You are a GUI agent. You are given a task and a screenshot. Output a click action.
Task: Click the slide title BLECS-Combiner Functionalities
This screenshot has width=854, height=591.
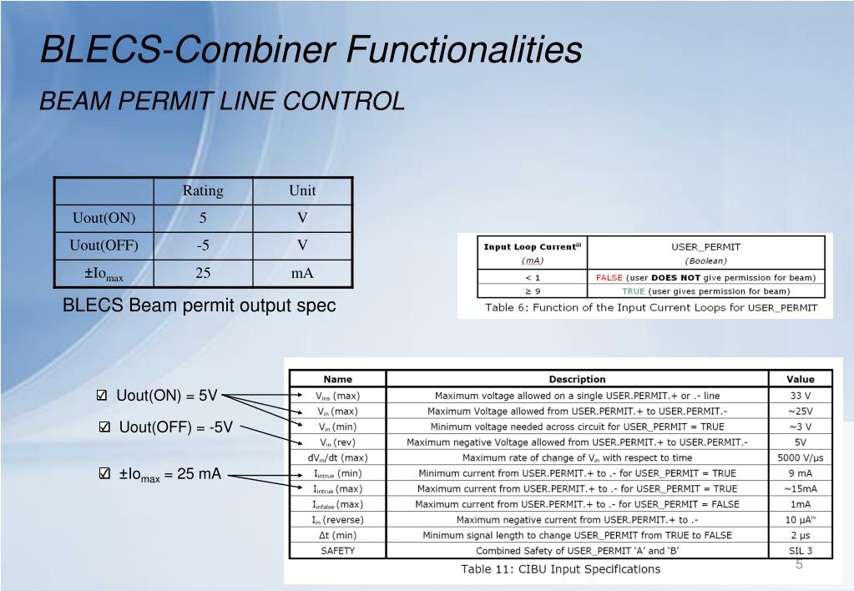pos(311,49)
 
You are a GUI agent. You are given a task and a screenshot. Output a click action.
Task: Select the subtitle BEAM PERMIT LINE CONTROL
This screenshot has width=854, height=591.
pos(223,101)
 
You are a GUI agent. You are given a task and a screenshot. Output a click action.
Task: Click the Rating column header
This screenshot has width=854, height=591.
pos(203,190)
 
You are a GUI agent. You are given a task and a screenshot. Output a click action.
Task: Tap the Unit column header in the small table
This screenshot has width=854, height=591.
pos(302,190)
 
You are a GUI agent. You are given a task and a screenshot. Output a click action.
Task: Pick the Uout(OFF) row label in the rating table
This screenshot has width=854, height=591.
pos(104,245)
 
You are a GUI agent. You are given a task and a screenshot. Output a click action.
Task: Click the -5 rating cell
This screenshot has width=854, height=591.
pos(203,245)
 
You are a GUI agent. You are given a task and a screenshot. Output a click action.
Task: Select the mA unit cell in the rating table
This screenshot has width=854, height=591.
pos(302,273)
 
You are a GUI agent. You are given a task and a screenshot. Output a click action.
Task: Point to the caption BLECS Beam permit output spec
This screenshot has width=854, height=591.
pos(200,306)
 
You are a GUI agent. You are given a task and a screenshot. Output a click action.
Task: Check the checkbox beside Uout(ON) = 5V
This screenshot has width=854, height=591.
pos(102,396)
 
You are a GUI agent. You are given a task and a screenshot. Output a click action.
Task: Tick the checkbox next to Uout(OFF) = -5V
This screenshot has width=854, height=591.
pos(104,428)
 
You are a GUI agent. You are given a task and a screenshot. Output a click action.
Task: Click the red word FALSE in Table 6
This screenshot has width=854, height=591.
pos(609,277)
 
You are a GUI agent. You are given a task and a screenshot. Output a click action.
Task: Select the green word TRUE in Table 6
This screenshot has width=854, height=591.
pos(633,291)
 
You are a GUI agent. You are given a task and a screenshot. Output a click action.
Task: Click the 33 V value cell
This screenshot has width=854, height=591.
pos(801,396)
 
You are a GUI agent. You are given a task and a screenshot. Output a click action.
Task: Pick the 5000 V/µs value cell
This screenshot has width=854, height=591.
pos(801,457)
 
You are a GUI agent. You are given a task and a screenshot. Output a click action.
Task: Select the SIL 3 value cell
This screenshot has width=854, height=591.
pos(801,551)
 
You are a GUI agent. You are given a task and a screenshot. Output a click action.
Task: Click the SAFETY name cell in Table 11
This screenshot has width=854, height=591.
pos(338,551)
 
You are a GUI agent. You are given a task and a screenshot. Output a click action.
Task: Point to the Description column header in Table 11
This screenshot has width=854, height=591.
pos(577,379)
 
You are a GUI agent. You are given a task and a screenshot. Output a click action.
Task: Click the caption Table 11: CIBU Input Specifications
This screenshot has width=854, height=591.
pos(561,569)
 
